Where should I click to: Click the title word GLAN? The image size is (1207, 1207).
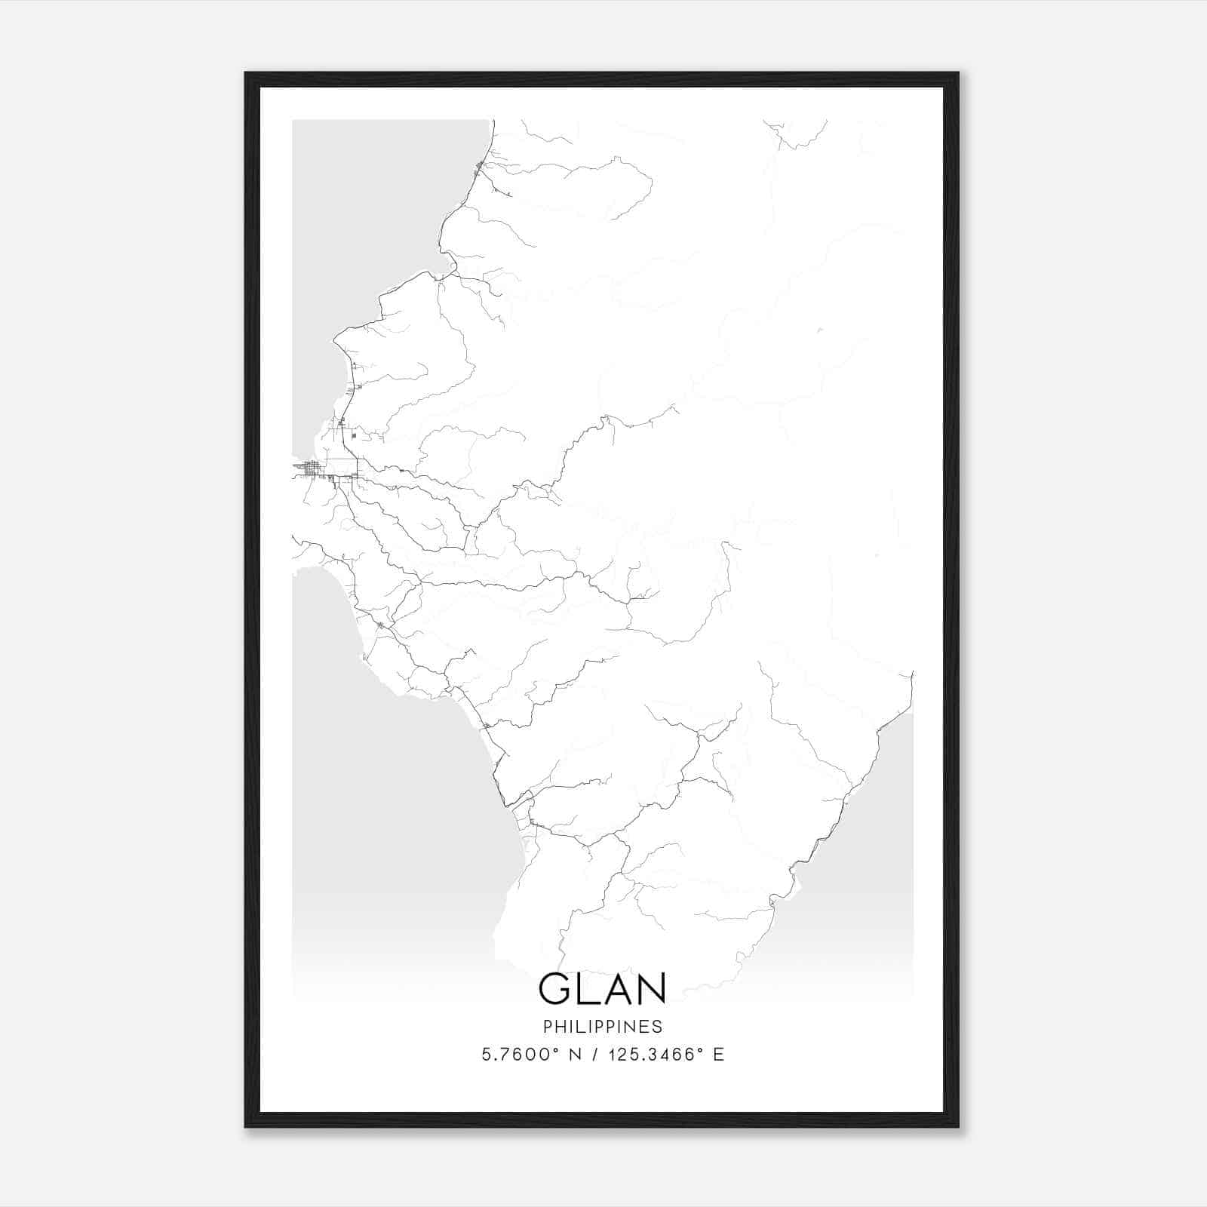(603, 988)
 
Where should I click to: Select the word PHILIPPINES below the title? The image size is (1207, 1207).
(603, 1027)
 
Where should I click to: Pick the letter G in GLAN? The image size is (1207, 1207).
(555, 988)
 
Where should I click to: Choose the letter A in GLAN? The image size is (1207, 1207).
(616, 988)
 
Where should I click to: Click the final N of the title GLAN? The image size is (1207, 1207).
(652, 988)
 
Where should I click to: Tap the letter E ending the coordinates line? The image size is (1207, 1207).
(719, 1055)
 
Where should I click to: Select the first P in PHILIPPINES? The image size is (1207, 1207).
(547, 1027)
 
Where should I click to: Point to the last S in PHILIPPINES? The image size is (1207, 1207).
(659, 1027)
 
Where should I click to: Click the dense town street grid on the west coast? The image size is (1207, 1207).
(312, 469)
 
